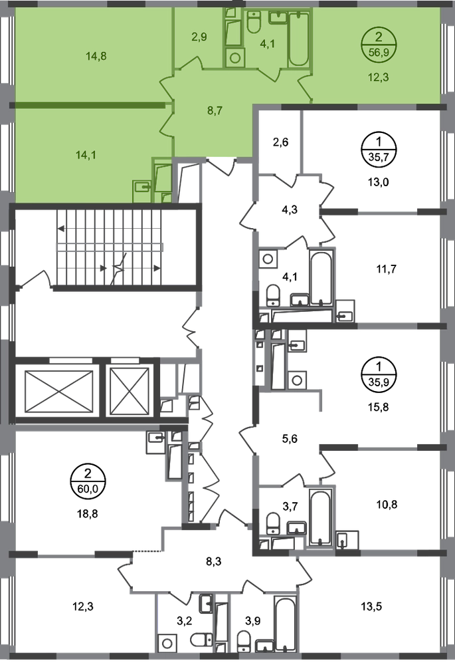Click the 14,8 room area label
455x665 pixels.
coord(96,56)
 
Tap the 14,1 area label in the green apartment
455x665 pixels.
coord(86,155)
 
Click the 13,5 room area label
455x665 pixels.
coord(371,606)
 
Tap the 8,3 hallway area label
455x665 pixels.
coord(214,561)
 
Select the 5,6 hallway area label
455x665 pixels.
coord(290,438)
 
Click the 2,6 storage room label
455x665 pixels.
coord(280,142)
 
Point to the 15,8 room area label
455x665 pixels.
coord(379,407)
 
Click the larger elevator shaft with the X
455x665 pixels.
coord(58,391)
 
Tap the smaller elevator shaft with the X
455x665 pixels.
coord(130,391)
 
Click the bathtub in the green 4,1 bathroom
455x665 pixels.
coord(299,39)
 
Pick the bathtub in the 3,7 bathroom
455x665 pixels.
coord(320,517)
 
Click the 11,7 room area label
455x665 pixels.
coord(387,269)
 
